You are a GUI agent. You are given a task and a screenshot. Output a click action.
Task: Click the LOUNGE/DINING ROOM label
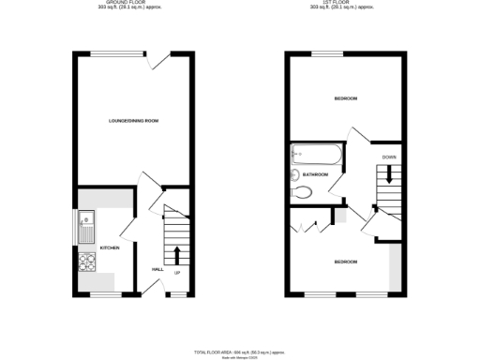point(132,120)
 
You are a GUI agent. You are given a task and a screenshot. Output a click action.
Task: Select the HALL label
point(157,269)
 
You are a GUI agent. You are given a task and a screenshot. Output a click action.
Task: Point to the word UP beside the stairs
point(176,273)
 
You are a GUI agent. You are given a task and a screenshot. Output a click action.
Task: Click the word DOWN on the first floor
point(387,157)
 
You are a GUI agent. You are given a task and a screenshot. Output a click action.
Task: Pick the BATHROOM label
point(315,174)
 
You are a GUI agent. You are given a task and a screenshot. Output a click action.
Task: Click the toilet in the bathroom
point(302,192)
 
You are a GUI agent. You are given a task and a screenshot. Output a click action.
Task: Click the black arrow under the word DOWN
point(387,173)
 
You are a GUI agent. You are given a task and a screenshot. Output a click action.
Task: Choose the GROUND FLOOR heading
point(133,5)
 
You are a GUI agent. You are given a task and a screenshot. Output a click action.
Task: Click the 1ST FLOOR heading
point(347,5)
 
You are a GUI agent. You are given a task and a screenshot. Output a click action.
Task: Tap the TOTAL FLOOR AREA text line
point(240,350)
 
